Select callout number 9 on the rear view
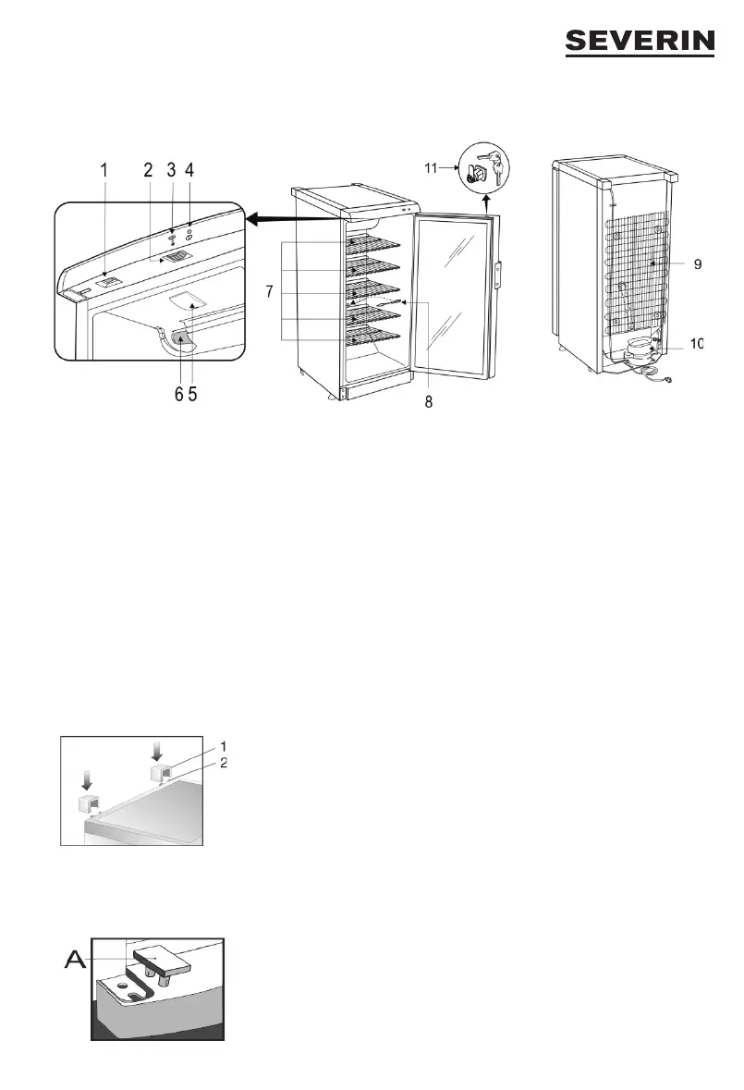click(698, 264)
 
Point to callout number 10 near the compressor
click(698, 344)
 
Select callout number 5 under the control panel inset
click(194, 394)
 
